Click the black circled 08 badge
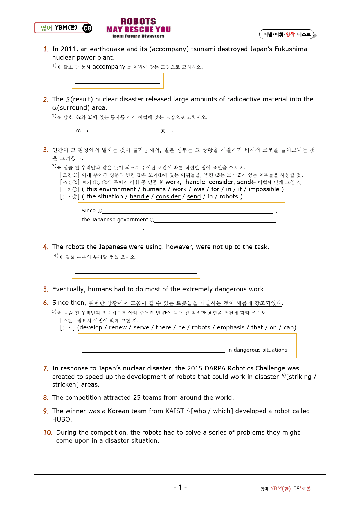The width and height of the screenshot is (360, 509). tap(87, 28)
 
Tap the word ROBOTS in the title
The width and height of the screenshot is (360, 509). tap(138, 21)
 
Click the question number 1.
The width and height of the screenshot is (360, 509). tap(46, 49)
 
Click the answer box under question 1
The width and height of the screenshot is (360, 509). tap(118, 80)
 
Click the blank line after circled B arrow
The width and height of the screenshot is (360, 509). tap(209, 131)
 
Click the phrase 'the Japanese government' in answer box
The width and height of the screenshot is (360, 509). tap(115, 220)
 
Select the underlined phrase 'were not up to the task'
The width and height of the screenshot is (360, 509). tap(232, 247)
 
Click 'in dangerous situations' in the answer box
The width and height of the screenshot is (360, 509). tap(257, 350)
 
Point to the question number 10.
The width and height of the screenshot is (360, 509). tap(48, 433)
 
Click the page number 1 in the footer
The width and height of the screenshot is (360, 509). tap(180, 488)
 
